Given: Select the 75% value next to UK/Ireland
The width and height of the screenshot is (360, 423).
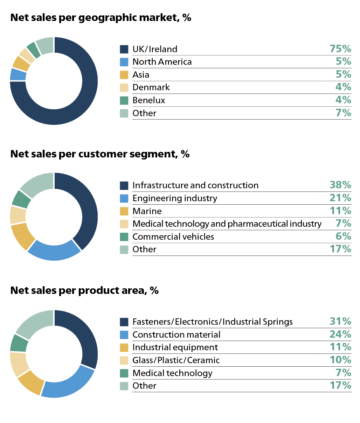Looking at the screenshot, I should tap(340, 49).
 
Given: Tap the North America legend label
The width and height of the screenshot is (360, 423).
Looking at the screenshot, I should tap(162, 62).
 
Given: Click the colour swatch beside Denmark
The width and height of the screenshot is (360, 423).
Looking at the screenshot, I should tap(124, 87).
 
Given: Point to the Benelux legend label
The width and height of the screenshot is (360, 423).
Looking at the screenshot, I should tap(148, 100).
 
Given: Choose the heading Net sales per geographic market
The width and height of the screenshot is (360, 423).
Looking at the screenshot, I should tap(101, 17).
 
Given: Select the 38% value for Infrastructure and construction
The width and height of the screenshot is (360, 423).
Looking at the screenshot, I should tap(340, 185).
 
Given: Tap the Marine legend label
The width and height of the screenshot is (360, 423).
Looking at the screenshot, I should tap(147, 211).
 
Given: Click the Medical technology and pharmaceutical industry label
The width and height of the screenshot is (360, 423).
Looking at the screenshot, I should tap(227, 224).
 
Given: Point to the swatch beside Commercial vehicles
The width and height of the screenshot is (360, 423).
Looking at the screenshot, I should tap(124, 237).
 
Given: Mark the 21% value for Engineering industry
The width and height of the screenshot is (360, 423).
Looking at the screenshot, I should tap(340, 198).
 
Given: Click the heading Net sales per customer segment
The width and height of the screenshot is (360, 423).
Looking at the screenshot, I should tap(100, 154).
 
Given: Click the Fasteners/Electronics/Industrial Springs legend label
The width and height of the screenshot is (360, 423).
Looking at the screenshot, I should tap(212, 322).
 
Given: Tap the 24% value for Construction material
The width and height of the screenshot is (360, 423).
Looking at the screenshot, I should tap(340, 334).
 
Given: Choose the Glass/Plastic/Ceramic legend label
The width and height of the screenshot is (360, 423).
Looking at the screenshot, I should tap(176, 360).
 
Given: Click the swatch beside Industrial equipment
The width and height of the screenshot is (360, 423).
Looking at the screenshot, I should tap(124, 347).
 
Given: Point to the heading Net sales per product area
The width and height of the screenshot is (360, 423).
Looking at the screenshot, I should tap(84, 290).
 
